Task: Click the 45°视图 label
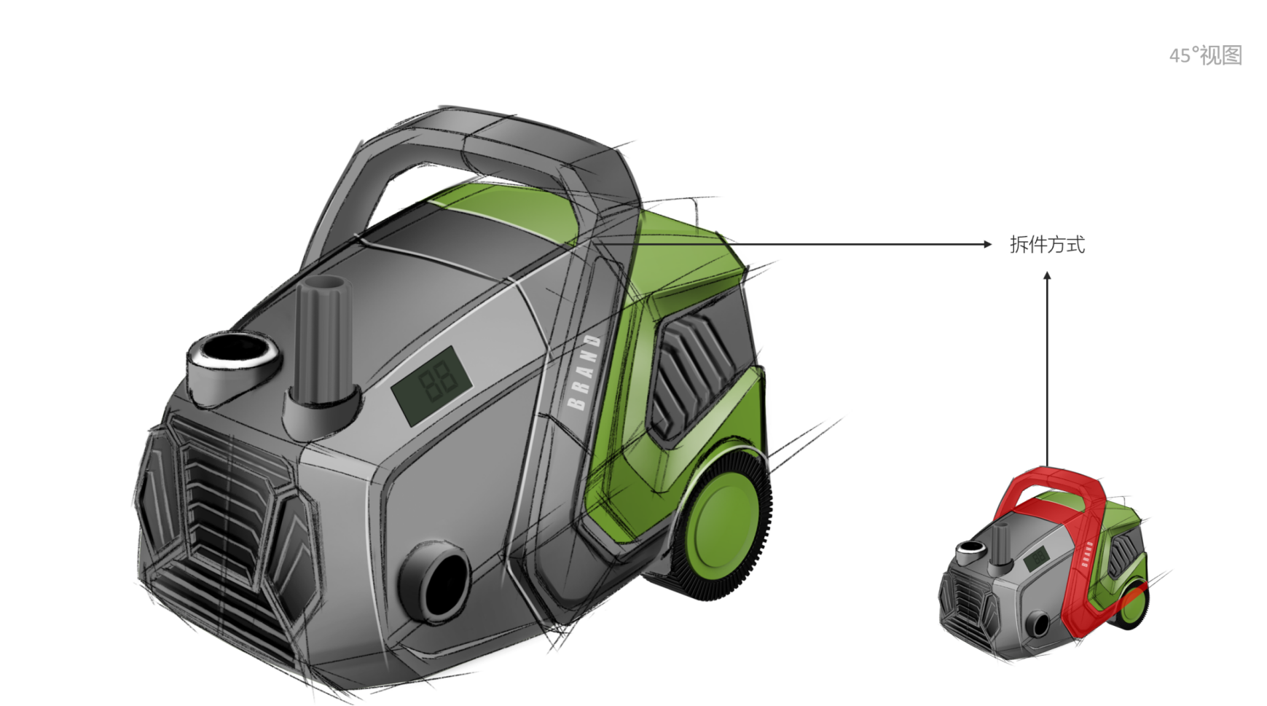pos(1206,55)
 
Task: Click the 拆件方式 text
pos(1047,245)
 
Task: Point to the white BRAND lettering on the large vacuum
pos(584,372)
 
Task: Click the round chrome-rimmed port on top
pos(233,359)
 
